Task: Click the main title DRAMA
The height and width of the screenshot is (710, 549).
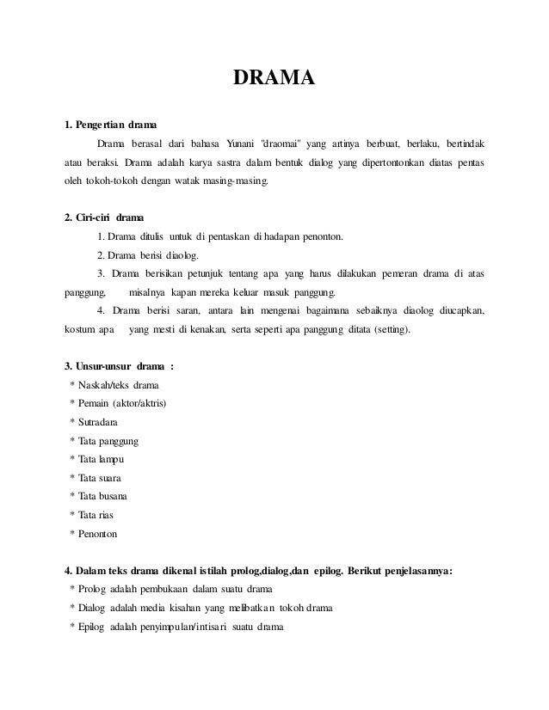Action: (274, 81)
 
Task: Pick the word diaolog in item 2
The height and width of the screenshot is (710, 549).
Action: (181, 255)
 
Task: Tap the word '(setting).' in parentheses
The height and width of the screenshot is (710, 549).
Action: (386, 330)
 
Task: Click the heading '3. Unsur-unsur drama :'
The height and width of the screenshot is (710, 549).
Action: (114, 367)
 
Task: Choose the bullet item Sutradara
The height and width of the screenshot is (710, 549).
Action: (99, 423)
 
